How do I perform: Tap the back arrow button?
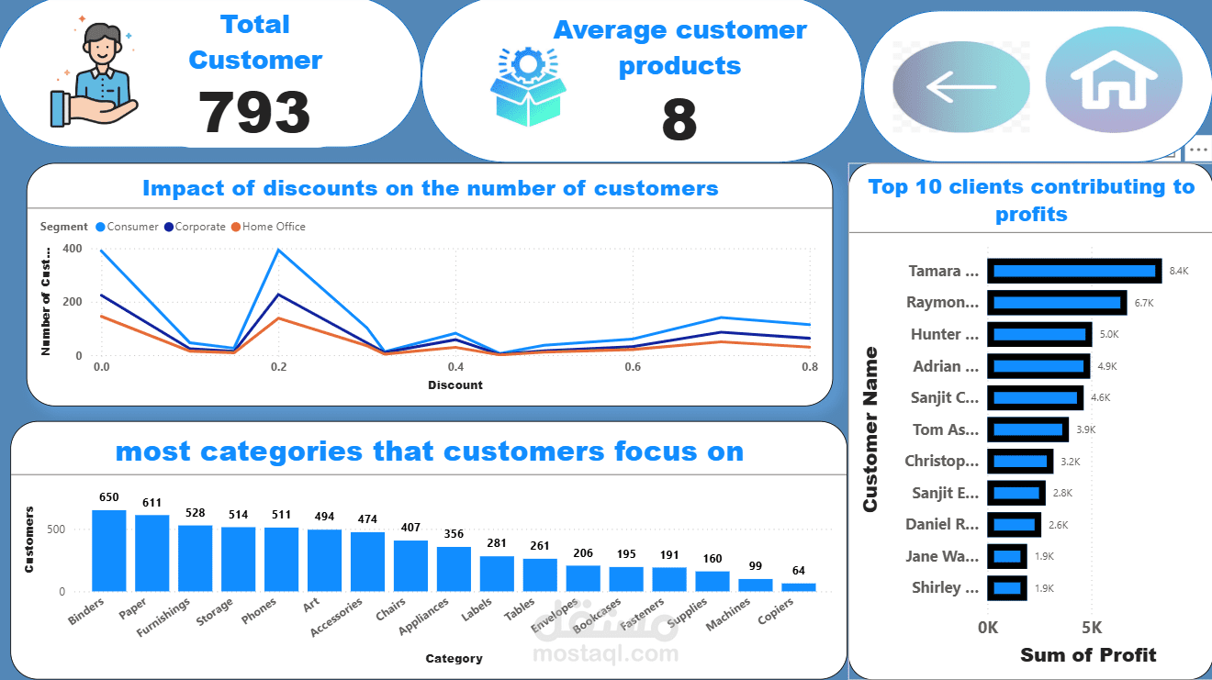pos(961,87)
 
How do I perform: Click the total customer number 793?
pos(255,112)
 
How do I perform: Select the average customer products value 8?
pos(679,120)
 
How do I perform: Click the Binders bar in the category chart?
pos(109,551)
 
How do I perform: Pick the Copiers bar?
pos(799,586)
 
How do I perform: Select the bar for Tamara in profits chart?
pos(1074,271)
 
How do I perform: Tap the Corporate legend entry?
pos(199,227)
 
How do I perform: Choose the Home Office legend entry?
pos(273,227)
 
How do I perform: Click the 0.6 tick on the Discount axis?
pos(632,367)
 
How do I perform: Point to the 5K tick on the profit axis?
pos(1092,628)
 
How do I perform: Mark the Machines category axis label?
pos(729,614)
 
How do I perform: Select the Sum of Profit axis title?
pos(1088,654)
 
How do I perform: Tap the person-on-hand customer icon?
pos(93,75)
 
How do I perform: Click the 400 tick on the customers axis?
pos(73,249)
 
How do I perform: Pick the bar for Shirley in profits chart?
pos(1007,587)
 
